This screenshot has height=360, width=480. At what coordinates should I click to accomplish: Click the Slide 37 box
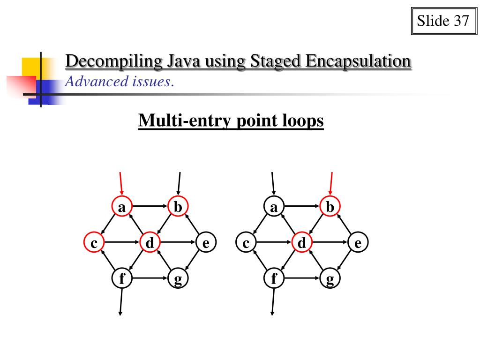coord(442,22)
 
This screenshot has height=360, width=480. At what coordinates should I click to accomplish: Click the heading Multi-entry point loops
coord(231,121)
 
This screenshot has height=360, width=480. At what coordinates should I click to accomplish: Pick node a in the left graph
coord(122,206)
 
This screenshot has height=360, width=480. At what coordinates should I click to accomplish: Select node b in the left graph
coord(178,206)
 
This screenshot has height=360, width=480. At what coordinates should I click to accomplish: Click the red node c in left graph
coord(94,243)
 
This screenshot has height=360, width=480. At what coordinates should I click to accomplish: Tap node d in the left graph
coord(150,243)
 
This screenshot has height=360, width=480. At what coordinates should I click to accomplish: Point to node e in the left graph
coord(206,243)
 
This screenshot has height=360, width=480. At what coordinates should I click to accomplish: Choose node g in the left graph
coord(178,279)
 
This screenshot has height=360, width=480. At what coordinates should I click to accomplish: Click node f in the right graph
coord(274,279)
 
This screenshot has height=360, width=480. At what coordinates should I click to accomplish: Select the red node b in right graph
coord(330,206)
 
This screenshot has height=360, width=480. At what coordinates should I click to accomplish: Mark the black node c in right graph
coord(246,243)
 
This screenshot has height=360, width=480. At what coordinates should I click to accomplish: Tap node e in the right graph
coord(358,243)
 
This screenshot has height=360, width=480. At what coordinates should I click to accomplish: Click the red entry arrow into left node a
coord(121,183)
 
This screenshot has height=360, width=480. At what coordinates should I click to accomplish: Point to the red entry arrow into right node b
coord(331,183)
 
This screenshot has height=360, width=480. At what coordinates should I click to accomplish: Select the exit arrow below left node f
coord(121,302)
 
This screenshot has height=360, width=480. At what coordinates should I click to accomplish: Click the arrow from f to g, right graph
coord(302,278)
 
